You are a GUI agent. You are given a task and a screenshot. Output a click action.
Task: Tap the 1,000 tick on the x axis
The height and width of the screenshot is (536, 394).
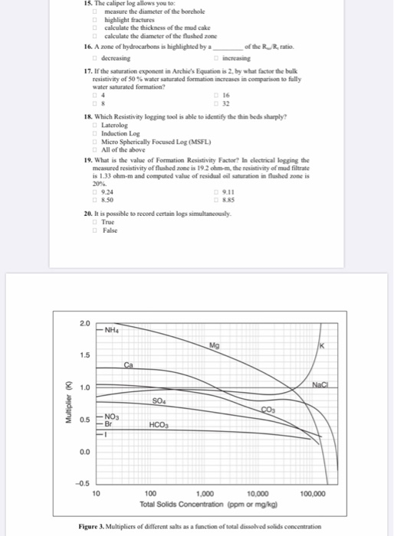(x=205, y=495)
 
